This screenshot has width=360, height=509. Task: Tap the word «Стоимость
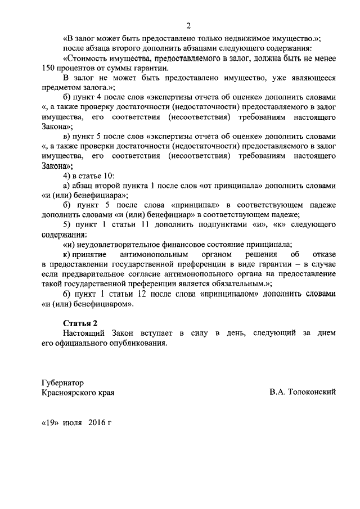[85, 58]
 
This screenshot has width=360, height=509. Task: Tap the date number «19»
[51, 422]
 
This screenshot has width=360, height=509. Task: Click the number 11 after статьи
[132, 224]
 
